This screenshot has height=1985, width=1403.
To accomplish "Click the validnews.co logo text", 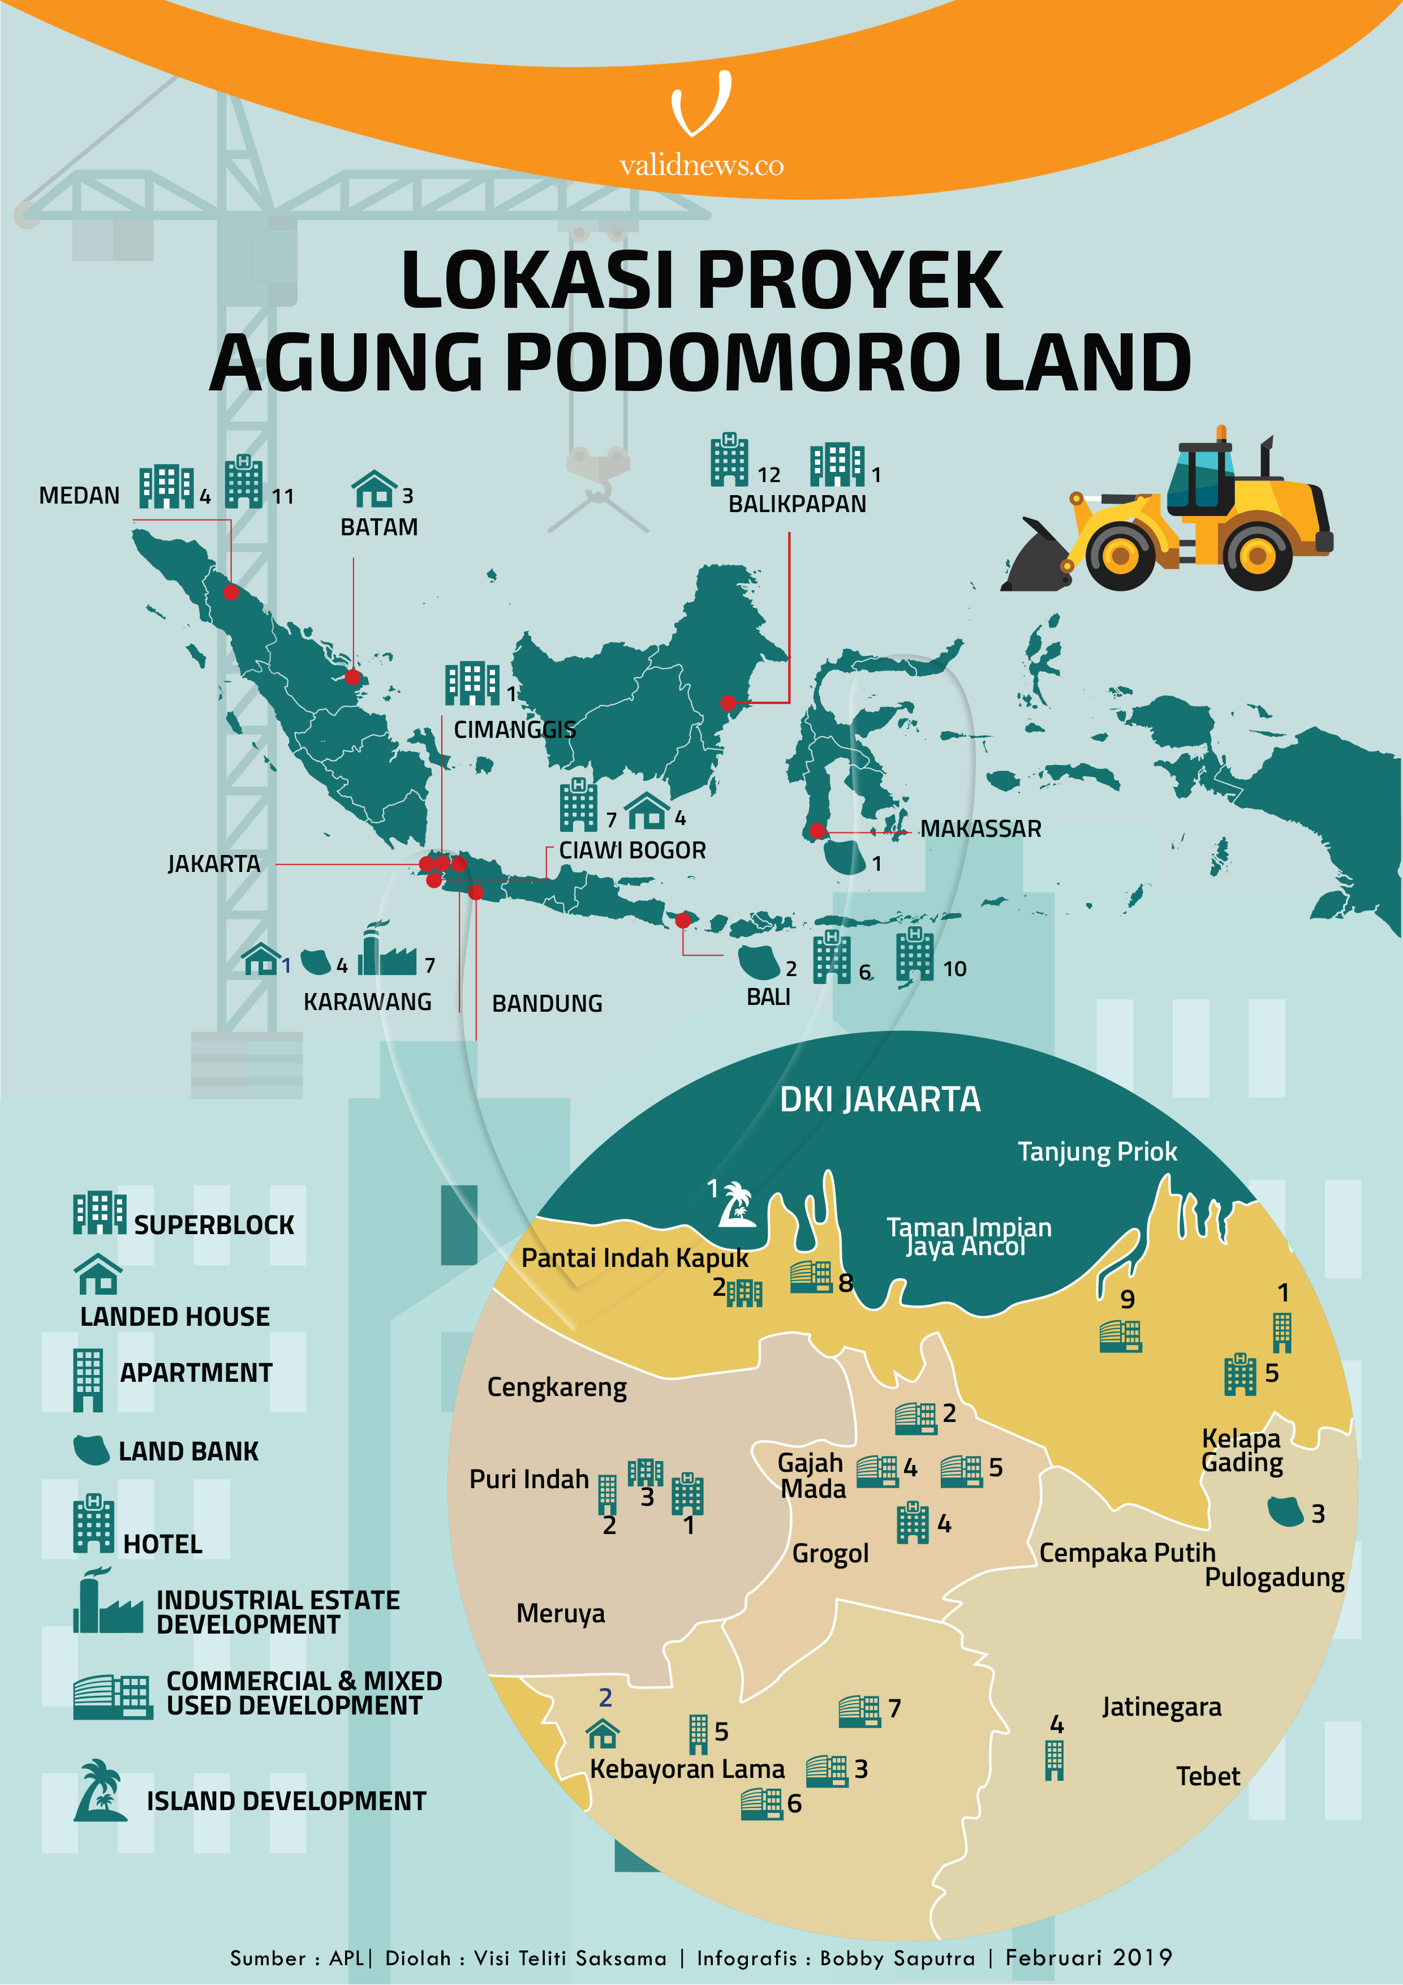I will (x=701, y=165).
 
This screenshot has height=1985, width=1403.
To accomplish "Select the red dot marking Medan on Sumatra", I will (x=231, y=592).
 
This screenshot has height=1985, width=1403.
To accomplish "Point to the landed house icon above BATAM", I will (x=373, y=489).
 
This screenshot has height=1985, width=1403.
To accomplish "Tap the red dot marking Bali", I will (x=683, y=920).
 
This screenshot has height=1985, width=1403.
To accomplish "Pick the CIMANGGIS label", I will (x=514, y=730).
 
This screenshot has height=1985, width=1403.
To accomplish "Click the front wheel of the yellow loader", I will (x=1120, y=555).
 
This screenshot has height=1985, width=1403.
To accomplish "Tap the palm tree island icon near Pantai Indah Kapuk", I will (x=737, y=1205).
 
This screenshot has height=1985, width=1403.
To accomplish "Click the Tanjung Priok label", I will (x=1096, y=1152).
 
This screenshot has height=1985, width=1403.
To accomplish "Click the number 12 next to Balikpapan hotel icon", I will (x=768, y=475).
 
